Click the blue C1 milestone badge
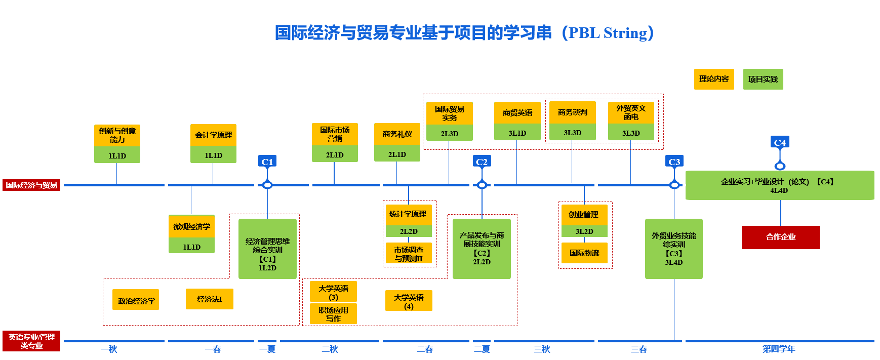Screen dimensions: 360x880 [267, 162]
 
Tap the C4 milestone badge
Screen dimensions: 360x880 [780, 142]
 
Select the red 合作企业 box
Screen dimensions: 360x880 [780, 237]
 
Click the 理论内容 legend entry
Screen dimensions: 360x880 [713, 79]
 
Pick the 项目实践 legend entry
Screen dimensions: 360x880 [763, 79]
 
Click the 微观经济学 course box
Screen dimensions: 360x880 [191, 226]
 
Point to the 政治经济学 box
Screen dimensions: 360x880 [136, 300]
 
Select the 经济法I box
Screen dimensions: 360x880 [209, 299]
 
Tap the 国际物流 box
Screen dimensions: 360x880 [584, 253]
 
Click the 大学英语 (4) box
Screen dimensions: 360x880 [409, 301]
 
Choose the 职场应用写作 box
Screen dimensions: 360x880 [333, 314]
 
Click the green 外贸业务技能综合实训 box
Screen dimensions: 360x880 [673, 249]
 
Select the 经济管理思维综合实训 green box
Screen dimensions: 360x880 [267, 249]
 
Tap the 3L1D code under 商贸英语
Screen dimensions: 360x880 [517, 133]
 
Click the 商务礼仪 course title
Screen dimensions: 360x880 [397, 134]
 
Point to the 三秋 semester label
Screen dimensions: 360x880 [541, 349]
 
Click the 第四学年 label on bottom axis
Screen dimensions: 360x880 [779, 349]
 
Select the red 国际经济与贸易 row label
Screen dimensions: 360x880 [31, 185]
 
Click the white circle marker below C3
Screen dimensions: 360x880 [674, 185]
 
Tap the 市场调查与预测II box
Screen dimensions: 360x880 [409, 254]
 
